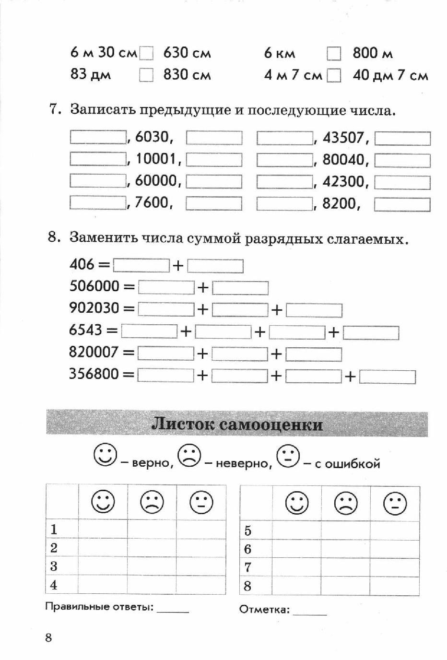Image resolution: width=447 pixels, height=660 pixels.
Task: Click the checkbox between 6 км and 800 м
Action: click(334, 54)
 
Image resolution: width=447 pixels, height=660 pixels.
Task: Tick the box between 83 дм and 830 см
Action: click(146, 75)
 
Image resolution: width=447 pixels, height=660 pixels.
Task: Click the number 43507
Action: click(343, 138)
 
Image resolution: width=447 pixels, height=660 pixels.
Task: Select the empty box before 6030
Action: click(98, 137)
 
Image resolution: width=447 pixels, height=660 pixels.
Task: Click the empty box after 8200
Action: click(402, 205)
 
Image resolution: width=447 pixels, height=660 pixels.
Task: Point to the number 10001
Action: click(157, 159)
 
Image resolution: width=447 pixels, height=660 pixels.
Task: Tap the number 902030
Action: click(94, 308)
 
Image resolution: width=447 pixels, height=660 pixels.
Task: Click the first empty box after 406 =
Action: click(141, 265)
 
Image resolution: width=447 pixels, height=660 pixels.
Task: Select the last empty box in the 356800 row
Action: click(387, 377)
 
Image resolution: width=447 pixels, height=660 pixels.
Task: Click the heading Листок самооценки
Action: click(237, 424)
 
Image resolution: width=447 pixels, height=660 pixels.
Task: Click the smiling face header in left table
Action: click(103, 502)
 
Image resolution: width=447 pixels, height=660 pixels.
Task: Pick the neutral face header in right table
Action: click(395, 504)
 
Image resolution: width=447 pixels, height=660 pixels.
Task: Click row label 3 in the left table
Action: click(54, 566)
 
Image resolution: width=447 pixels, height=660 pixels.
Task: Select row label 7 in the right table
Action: click(248, 567)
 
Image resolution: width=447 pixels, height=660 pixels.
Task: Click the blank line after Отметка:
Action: click(309, 613)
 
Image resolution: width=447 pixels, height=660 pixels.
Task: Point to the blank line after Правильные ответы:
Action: click(173, 610)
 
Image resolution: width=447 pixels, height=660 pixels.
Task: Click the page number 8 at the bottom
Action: click(48, 637)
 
